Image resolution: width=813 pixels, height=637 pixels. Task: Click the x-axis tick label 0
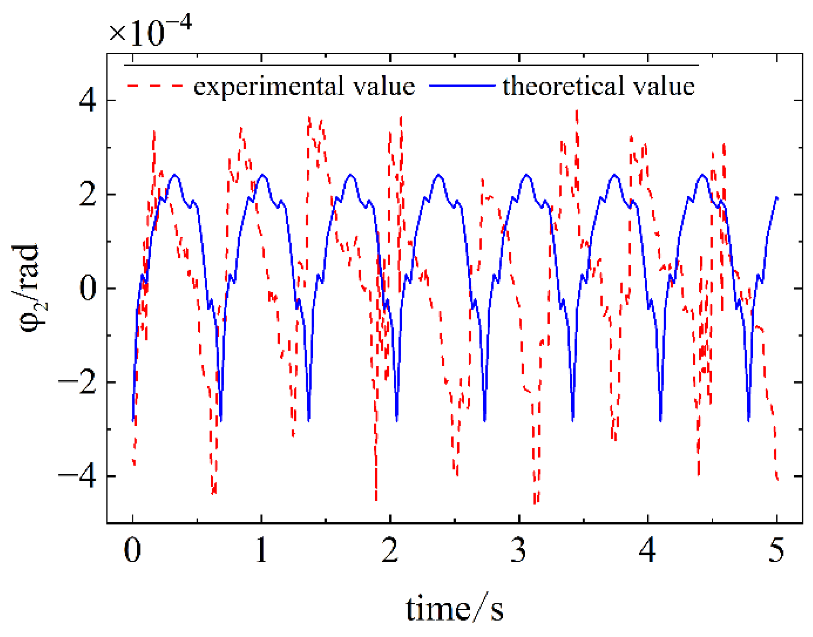pyautogui.click(x=132, y=550)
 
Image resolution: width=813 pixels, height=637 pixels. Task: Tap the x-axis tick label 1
pyautogui.click(x=261, y=550)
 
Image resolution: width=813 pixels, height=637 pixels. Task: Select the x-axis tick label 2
pyautogui.click(x=390, y=550)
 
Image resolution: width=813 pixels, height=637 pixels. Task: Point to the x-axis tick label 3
pyautogui.click(x=518, y=550)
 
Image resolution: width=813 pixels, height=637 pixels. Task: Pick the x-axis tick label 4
pyautogui.click(x=647, y=550)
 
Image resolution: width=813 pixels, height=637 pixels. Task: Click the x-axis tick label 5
pyautogui.click(x=777, y=550)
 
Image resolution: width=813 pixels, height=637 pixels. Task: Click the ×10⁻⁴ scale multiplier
pyautogui.click(x=149, y=31)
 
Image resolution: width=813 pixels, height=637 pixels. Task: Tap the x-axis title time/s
pyautogui.click(x=454, y=608)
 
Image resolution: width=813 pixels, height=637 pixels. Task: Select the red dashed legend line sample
pyautogui.click(x=155, y=86)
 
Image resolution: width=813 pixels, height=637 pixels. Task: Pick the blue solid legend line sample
pyautogui.click(x=462, y=86)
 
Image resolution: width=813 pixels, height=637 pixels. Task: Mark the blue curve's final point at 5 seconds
pyautogui.click(x=777, y=198)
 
